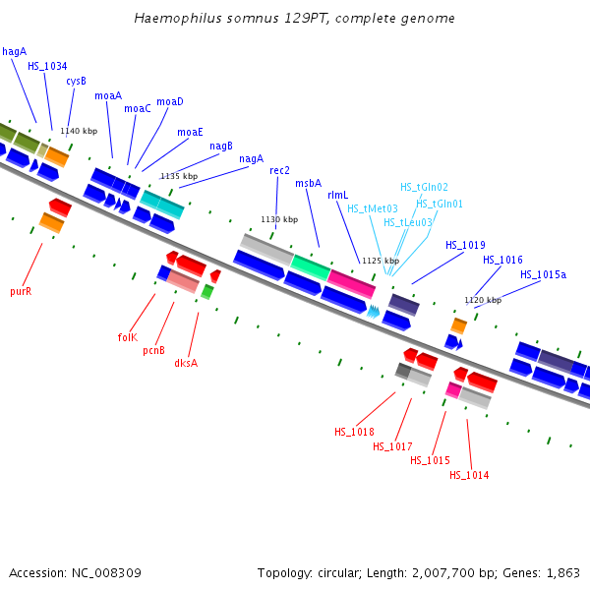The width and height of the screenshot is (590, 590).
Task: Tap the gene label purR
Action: click(x=21, y=291)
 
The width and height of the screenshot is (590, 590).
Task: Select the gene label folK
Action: click(x=127, y=337)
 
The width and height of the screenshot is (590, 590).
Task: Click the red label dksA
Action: click(x=186, y=363)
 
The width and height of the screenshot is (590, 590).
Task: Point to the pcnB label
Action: click(x=153, y=350)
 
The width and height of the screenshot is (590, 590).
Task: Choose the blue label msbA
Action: click(x=308, y=183)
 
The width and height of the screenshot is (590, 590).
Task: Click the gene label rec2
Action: click(x=279, y=170)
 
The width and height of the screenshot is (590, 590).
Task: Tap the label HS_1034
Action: click(x=47, y=66)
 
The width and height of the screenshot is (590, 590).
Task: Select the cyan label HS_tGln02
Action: click(x=424, y=187)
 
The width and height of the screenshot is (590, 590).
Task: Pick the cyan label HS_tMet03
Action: click(x=372, y=208)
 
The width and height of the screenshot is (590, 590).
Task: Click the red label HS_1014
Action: click(x=469, y=476)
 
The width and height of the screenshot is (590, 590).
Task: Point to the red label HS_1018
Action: click(x=354, y=432)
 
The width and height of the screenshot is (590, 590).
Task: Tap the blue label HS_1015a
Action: click(x=543, y=274)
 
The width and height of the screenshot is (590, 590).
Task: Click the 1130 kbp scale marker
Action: click(x=278, y=219)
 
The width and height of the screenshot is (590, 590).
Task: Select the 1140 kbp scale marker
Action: click(x=79, y=131)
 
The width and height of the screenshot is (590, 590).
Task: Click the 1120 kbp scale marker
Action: click(x=483, y=300)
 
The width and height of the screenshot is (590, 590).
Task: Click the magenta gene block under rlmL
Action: click(x=351, y=283)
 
